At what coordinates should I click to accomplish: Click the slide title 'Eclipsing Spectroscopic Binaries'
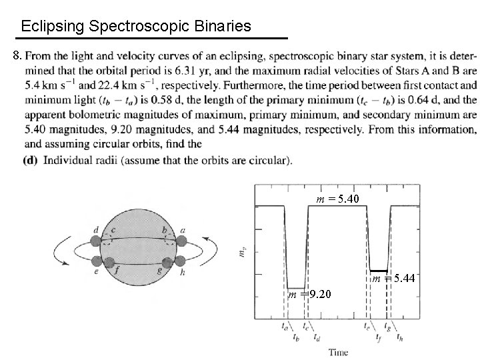pos(136,27)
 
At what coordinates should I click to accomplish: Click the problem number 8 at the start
pos(18,54)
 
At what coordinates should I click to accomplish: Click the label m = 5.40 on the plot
pos(337,198)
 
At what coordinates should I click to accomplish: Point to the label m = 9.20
pos(309,295)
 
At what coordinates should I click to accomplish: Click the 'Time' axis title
pos(337,351)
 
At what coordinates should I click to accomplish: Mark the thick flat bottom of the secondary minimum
pos(378,269)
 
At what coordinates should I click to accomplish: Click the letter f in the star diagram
pos(117,271)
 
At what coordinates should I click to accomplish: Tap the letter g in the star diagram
pos(159,271)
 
